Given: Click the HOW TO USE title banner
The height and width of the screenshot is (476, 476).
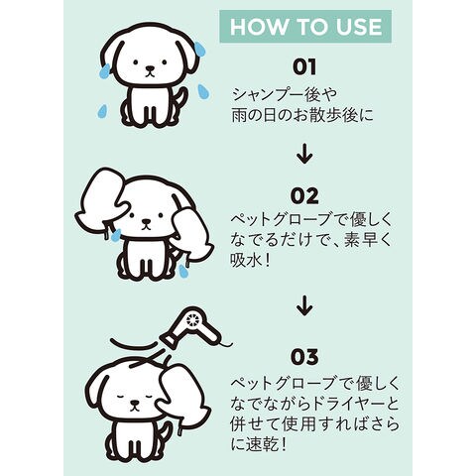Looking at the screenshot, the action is [305, 27].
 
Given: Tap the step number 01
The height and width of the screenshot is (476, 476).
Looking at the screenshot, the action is [304, 66].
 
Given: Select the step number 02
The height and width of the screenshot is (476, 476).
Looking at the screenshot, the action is [304, 196].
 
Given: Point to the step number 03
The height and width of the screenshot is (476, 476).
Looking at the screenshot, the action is [304, 357].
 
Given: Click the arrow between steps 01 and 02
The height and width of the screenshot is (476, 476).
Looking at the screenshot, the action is [304, 155].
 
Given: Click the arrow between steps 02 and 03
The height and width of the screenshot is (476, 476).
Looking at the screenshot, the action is [304, 306].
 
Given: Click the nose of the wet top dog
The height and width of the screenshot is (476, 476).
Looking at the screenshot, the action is [150, 69].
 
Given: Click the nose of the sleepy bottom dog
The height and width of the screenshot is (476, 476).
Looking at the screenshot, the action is [134, 404].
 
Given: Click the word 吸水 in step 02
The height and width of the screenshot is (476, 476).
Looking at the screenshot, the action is [244, 261].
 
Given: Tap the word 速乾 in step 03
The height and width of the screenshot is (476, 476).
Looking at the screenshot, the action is [260, 445].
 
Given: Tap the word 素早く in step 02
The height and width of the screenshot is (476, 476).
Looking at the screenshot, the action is [368, 240].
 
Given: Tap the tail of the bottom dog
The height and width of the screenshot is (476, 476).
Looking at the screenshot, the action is [165, 432].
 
